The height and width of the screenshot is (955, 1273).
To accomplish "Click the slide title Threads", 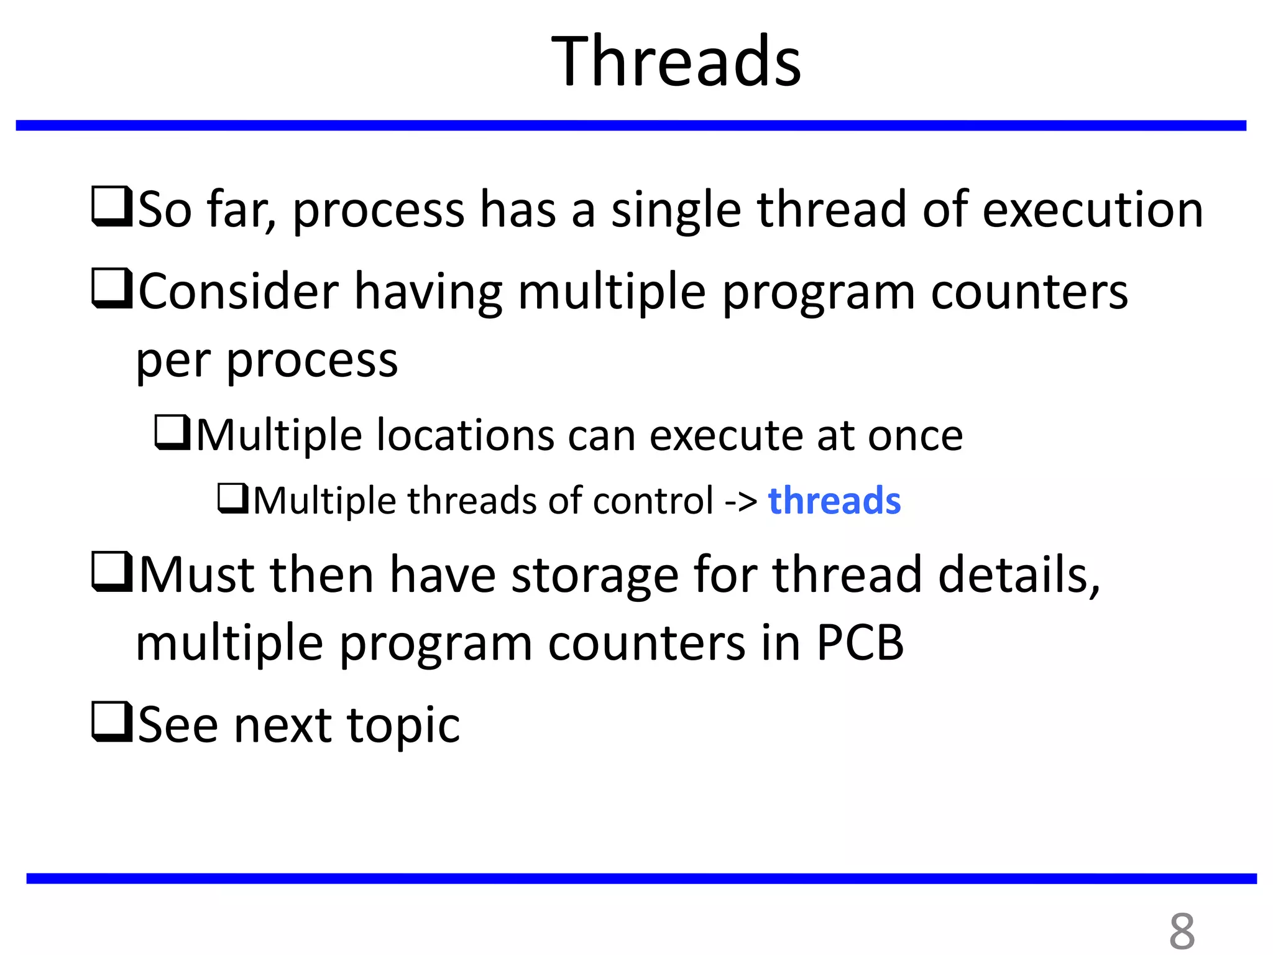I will coord(676,62).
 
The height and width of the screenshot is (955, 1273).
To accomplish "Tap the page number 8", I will coord(1182,931).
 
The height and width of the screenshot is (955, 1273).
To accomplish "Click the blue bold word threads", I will coord(834,501).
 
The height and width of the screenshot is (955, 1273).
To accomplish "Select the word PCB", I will coord(860,642).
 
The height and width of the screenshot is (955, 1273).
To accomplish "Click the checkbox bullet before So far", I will coord(111,206).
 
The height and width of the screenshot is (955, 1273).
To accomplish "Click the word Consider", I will coord(239,291).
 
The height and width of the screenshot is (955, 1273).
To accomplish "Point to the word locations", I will coord(465,435).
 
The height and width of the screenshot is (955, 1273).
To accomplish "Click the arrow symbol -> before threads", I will coord(740,501).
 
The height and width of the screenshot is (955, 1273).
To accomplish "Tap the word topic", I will coord(403,726).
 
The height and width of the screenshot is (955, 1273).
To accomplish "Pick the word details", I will coord(1018,574).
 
